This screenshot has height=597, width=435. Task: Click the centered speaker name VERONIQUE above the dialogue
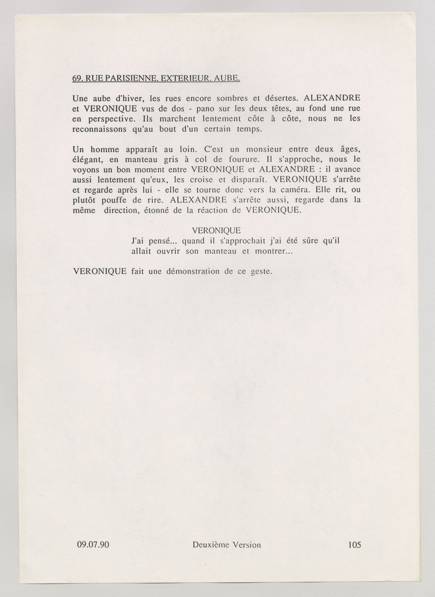(216, 230)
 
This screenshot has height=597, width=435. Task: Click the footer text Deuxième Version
(226, 544)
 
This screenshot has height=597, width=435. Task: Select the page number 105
(354, 544)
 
